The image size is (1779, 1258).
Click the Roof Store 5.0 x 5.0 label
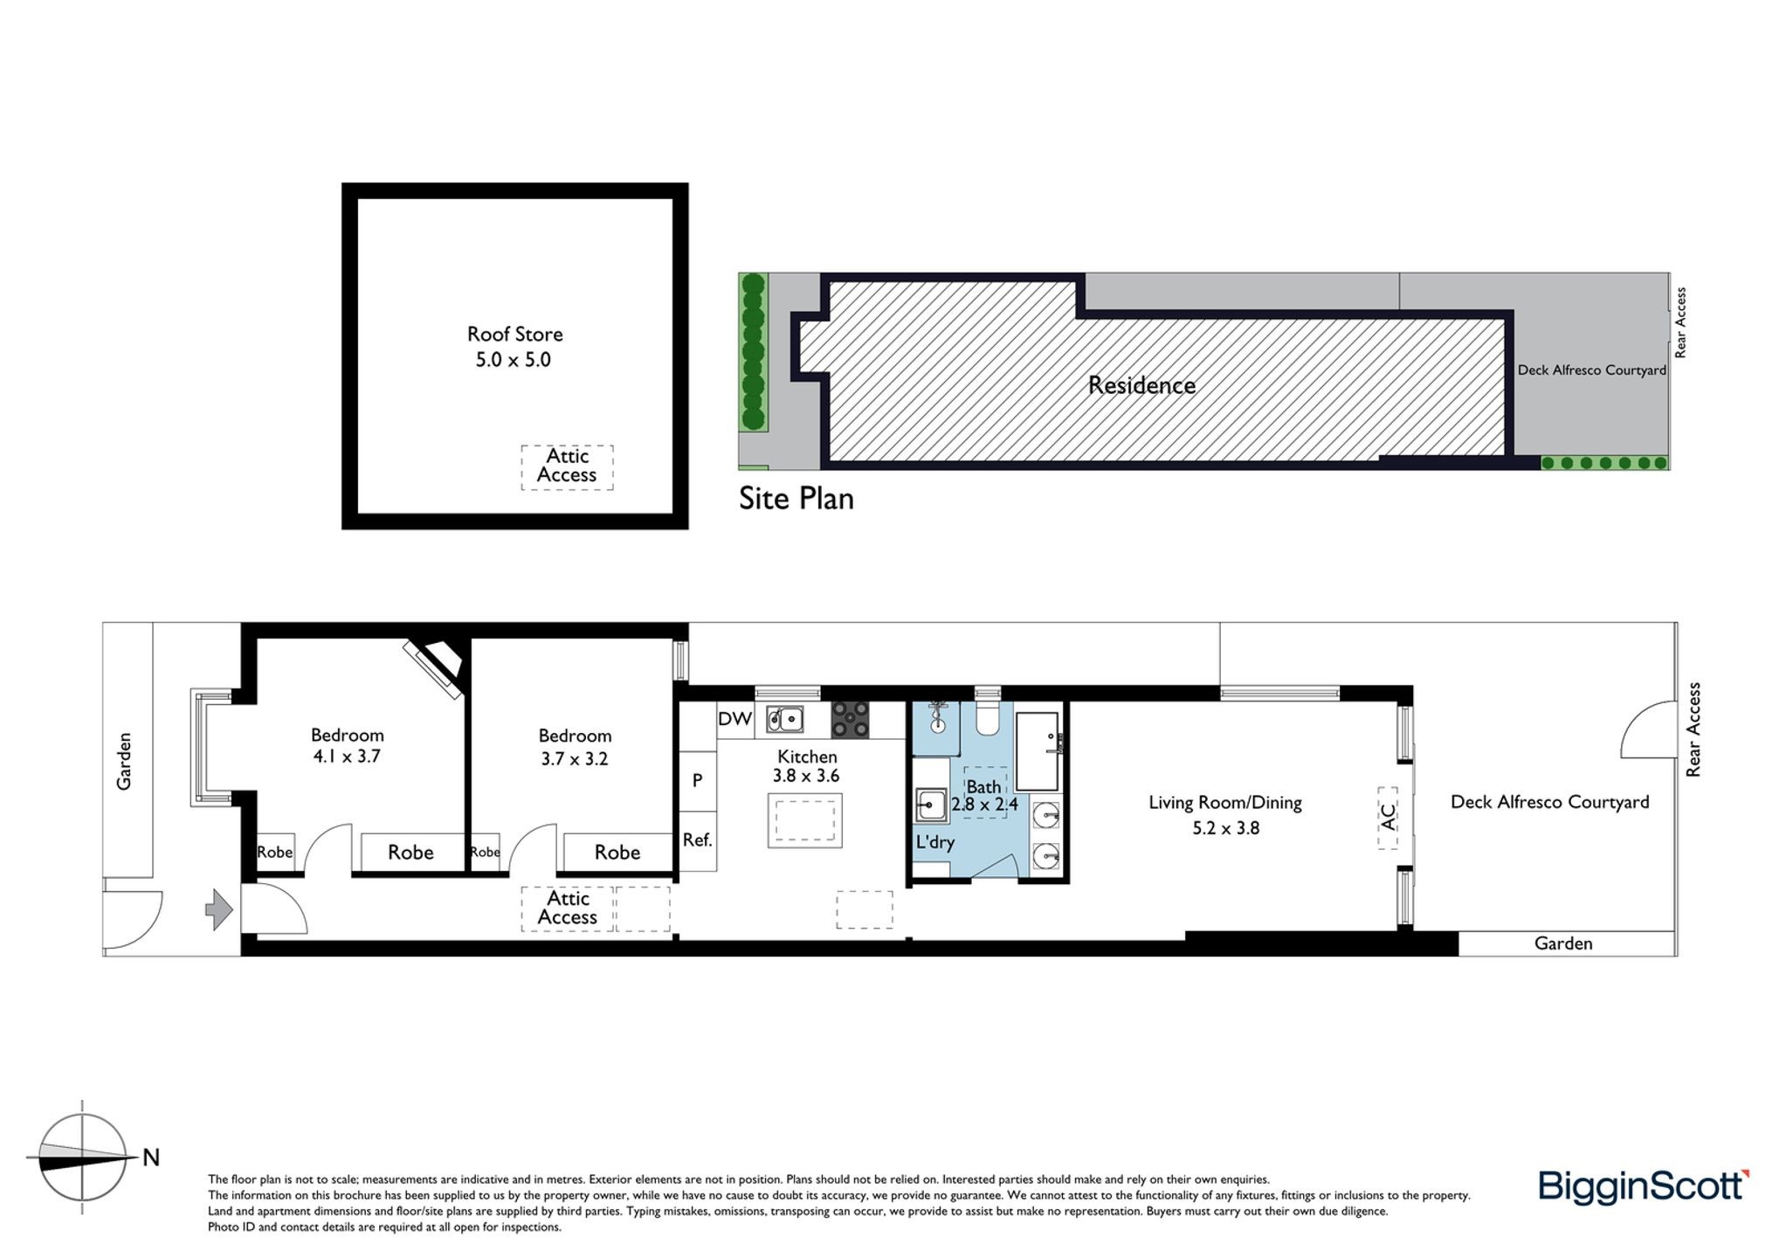[514, 347]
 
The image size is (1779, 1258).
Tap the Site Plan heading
[796, 499]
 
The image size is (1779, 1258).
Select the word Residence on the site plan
[1141, 385]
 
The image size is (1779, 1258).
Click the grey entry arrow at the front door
[218, 910]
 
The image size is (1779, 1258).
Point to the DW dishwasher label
[734, 719]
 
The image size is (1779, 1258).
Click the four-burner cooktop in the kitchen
[850, 720]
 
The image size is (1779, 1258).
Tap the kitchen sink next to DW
[785, 719]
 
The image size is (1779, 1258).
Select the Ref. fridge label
[698, 840]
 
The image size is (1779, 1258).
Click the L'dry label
[934, 842]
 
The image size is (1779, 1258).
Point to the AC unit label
[1388, 817]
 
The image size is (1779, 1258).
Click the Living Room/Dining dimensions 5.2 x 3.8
[1226, 828]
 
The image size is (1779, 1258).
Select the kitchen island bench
[805, 820]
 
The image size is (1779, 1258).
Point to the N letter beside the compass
[151, 1158]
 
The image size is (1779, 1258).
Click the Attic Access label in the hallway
[568, 908]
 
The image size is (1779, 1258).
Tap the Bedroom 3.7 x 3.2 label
[575, 747]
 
